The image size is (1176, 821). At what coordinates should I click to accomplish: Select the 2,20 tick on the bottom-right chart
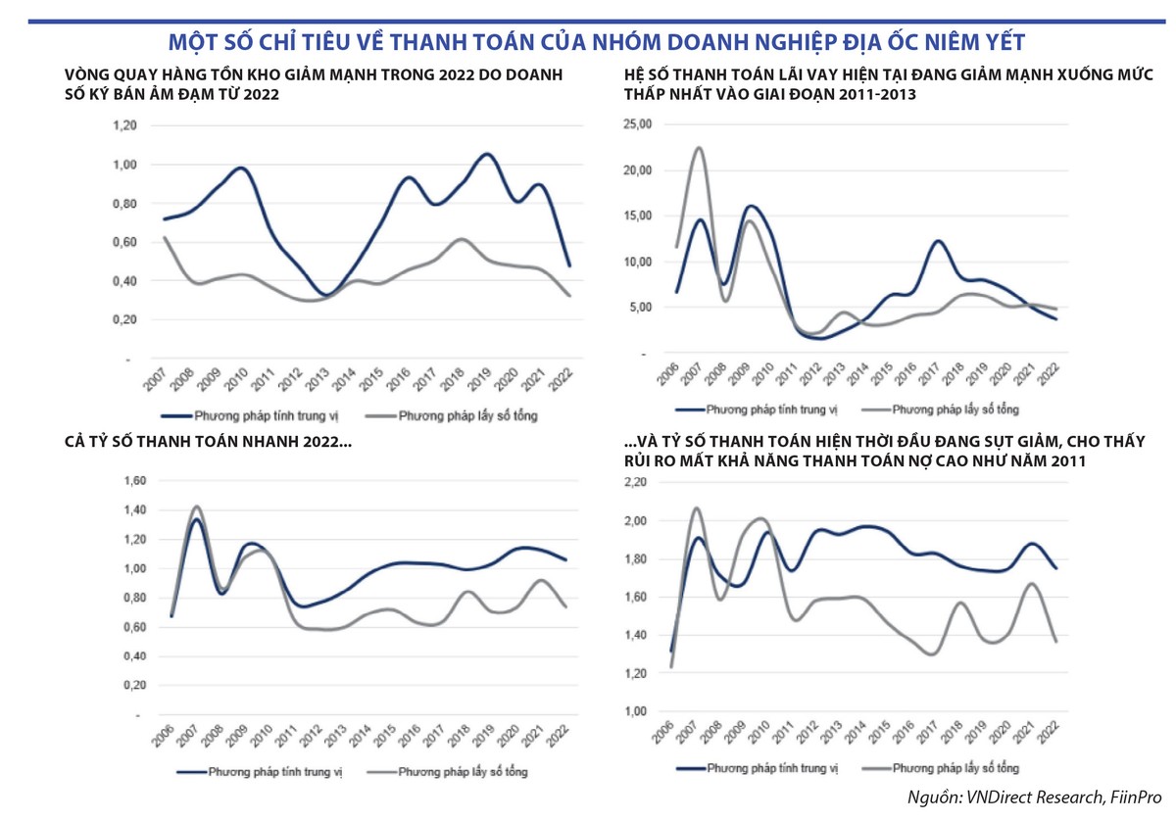click(x=635, y=483)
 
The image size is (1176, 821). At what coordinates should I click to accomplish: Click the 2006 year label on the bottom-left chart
click(x=163, y=738)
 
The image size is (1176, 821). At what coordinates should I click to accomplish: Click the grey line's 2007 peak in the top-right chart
click(x=699, y=148)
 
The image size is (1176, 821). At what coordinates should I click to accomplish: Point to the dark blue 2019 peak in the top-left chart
click(x=486, y=155)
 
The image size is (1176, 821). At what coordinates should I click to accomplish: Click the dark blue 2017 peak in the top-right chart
click(x=938, y=241)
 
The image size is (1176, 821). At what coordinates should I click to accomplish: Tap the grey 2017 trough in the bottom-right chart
click(x=932, y=653)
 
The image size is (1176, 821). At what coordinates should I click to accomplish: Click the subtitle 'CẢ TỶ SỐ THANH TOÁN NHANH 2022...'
click(x=209, y=444)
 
